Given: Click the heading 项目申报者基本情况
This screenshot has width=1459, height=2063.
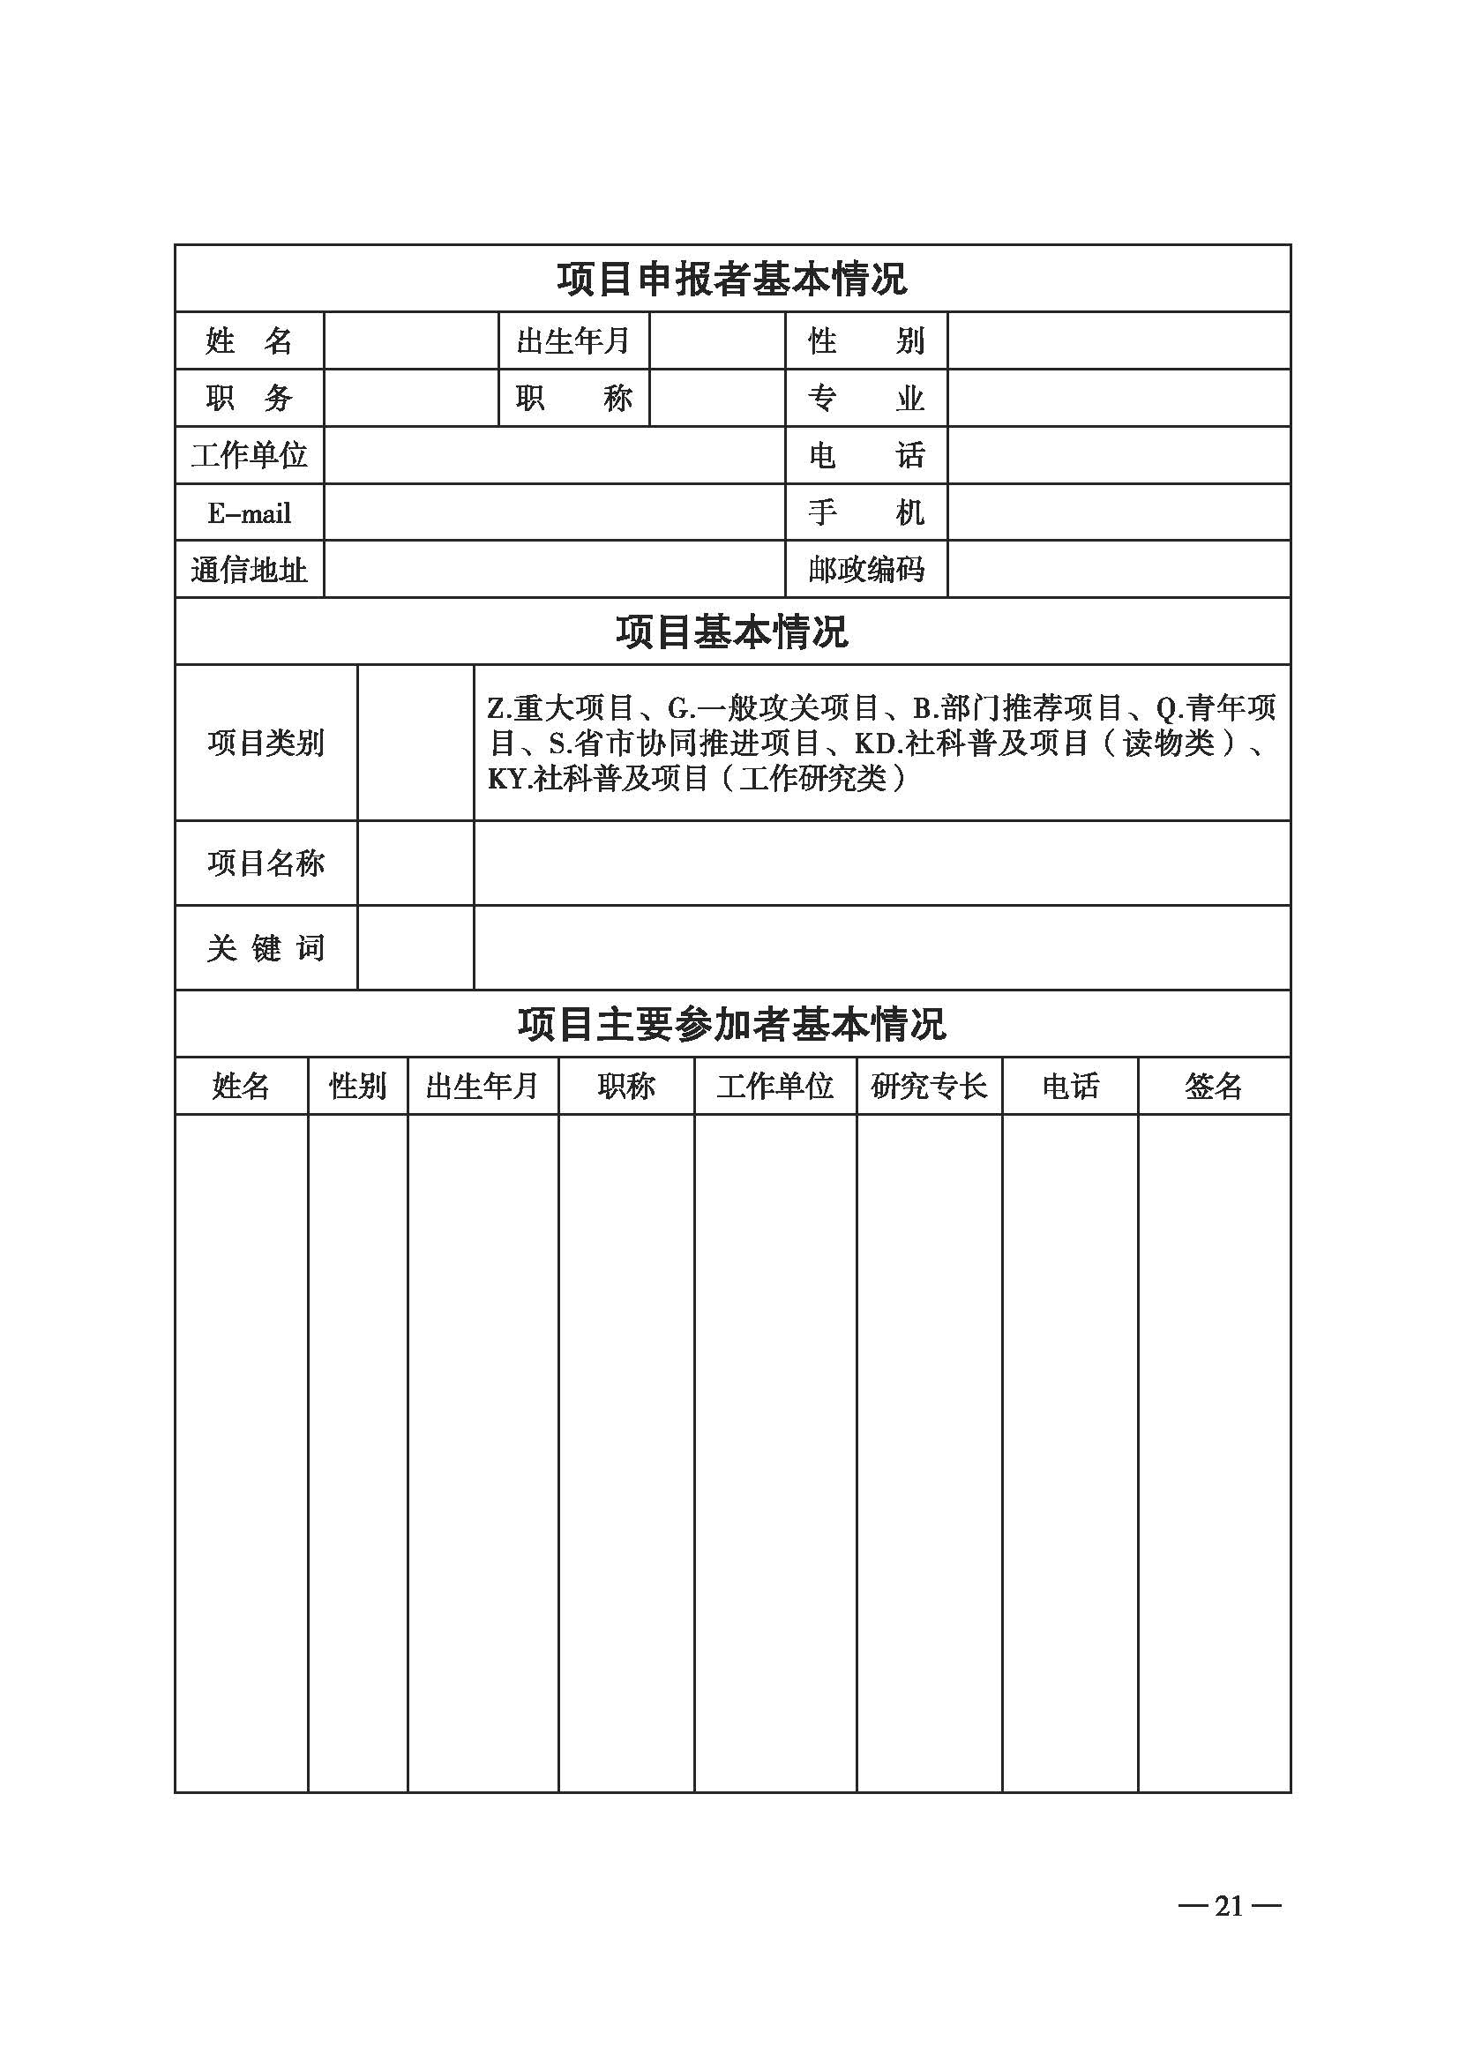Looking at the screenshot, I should pos(731,280).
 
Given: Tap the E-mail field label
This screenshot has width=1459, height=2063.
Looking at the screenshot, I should pos(249,513).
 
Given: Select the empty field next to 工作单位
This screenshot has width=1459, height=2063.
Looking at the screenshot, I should pos(554,454).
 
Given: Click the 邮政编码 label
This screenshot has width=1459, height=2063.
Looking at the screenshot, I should pos(865,569).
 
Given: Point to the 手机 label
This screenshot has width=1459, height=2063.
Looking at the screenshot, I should pos(865,512).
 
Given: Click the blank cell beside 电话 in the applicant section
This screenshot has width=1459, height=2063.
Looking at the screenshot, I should pos(1119,454).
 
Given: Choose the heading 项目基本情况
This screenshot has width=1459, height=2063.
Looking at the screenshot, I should pos(731,632).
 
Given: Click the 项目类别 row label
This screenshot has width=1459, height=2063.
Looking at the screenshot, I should pos(265,743).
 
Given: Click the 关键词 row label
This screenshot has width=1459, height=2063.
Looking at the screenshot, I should pos(265,948).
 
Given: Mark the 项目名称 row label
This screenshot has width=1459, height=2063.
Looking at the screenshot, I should pos(265,863).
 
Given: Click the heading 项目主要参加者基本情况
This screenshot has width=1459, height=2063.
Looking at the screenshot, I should pos(731,1024).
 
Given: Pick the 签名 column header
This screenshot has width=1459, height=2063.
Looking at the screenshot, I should pos(1213,1087).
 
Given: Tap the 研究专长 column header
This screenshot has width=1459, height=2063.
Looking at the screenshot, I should pos(929,1087).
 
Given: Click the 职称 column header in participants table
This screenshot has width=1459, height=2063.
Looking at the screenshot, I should pos(626,1087).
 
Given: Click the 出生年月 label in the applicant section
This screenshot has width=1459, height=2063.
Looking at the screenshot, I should pos(573,340).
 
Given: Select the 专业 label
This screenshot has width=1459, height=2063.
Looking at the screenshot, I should pos(865,398).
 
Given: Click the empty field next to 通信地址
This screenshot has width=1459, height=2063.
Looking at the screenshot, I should pos(554,569).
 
